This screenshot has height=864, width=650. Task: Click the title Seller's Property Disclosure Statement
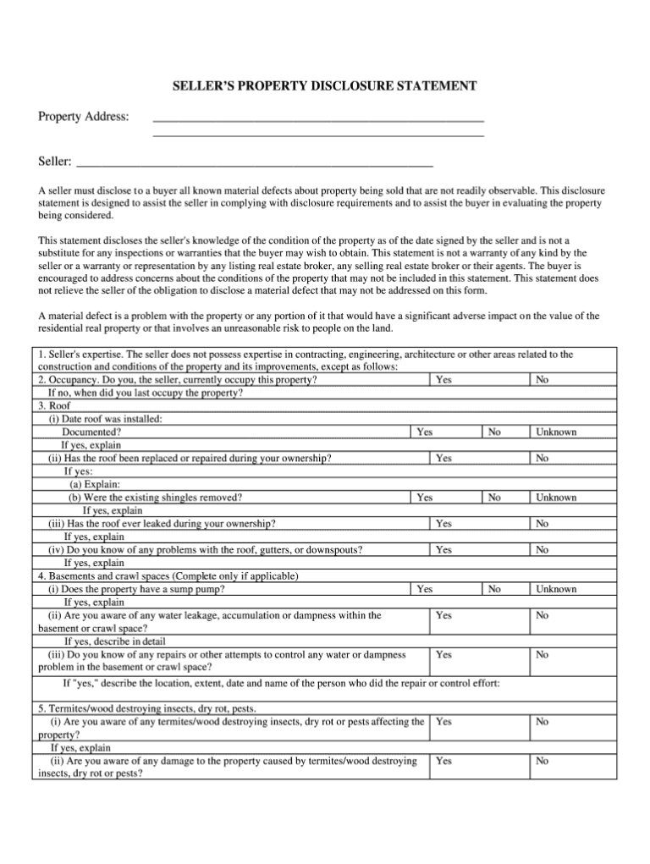(325, 86)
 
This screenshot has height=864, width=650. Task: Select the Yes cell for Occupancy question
(443, 380)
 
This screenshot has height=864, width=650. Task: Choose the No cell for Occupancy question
(542, 380)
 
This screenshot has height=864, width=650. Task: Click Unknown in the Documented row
(555, 432)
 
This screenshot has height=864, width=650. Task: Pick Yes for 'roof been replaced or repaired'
(443, 458)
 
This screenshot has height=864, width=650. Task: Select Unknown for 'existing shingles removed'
(555, 498)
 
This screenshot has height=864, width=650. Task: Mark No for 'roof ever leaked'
(542, 524)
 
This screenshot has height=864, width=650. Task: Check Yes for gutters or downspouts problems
(443, 550)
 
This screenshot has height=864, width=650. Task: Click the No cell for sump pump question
(494, 589)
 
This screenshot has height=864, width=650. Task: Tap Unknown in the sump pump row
(555, 589)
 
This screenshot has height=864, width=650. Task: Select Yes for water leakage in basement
(443, 615)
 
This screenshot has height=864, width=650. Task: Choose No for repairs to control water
(542, 655)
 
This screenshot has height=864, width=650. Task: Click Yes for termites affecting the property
(443, 722)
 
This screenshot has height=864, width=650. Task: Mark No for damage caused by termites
(542, 761)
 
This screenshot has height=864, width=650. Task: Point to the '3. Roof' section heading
(57, 406)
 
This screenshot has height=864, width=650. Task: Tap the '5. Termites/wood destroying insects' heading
(148, 708)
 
